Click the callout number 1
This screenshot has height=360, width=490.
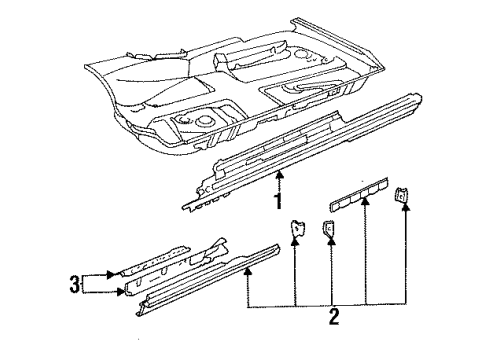point(278,201)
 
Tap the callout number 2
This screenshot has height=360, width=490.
point(334,317)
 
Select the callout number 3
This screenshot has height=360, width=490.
point(75,284)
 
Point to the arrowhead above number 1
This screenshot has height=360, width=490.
point(280,174)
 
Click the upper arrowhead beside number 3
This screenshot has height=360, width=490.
point(111,274)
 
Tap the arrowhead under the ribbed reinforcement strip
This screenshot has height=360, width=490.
point(366,201)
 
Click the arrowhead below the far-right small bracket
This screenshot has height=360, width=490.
point(405,207)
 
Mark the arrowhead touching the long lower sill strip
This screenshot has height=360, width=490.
point(247,272)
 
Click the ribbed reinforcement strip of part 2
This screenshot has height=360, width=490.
point(359,194)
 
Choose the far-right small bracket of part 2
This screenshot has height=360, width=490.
point(400,195)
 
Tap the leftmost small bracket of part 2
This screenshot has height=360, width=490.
point(298,228)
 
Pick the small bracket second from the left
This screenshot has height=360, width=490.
point(328,228)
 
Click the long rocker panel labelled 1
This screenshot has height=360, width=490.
point(302,152)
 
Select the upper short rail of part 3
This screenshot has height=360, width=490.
point(156,261)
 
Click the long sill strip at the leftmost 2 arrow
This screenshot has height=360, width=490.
point(208,280)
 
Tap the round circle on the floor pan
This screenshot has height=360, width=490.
point(204,121)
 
